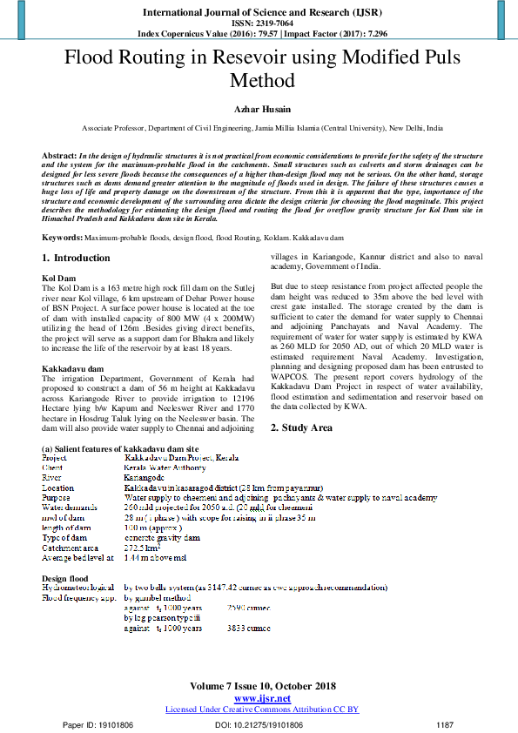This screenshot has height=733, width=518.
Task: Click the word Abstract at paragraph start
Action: pos(59,154)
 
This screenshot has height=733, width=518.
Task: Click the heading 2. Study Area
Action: pos(301,427)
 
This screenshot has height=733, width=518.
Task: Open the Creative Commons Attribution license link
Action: pos(261,709)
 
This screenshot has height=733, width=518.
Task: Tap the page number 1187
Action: pos(445,723)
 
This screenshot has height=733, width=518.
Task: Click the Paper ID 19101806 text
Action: pos(98,723)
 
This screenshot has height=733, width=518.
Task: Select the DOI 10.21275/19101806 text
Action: pos(259,723)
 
